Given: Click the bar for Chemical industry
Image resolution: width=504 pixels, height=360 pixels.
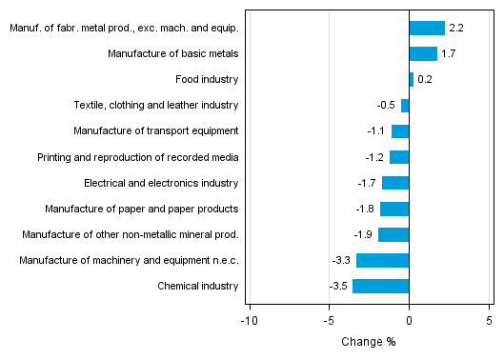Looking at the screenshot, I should (380, 286).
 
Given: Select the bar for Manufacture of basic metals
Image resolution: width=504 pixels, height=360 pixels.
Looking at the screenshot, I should (422, 54).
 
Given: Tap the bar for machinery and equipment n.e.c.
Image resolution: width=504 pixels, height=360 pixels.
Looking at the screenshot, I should (382, 260).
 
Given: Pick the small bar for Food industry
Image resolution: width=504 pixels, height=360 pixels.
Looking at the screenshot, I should (411, 80).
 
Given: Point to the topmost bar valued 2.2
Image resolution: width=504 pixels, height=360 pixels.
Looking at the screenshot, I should (426, 29).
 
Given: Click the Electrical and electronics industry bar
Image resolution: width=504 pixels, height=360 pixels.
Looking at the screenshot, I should (394, 183).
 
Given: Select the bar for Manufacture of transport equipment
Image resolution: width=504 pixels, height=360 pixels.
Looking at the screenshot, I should (399, 131).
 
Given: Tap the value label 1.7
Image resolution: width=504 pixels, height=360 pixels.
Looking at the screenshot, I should (448, 54).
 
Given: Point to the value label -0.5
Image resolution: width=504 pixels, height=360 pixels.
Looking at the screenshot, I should (388, 106).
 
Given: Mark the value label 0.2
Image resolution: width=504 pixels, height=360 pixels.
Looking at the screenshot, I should (425, 80).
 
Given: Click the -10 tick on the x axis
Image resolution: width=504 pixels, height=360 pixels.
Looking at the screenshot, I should (249, 321).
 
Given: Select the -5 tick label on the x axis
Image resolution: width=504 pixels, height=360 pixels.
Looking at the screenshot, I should (329, 321).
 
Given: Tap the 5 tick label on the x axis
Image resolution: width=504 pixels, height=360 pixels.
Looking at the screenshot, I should (489, 321).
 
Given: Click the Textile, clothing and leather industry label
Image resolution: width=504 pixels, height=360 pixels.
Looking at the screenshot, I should (156, 106).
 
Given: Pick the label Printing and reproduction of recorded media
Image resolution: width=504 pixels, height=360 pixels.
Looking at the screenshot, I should (138, 157).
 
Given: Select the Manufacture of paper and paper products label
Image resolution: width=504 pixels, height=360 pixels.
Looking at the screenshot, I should (142, 209).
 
